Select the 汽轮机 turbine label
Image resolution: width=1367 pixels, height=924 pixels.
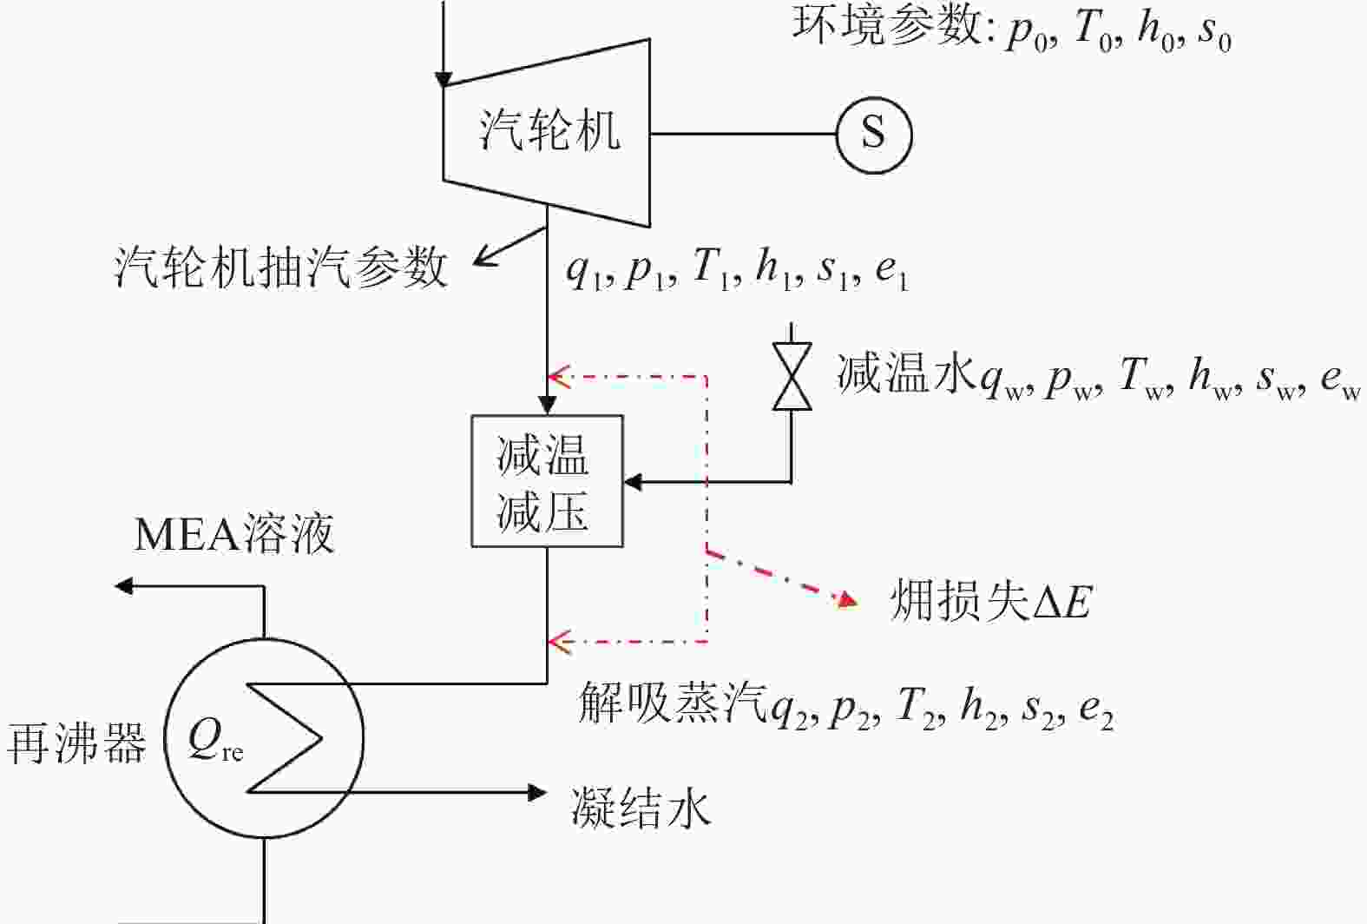[550, 130]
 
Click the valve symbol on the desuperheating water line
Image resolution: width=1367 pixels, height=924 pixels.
[792, 375]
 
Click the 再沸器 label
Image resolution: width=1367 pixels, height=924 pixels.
[76, 742]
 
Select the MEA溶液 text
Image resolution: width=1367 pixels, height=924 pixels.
[234, 534]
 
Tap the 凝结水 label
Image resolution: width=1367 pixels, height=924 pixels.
[641, 807]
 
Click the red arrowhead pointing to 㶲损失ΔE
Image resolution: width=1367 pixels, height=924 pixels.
[847, 600]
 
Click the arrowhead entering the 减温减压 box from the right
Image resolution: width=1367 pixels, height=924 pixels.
[633, 482]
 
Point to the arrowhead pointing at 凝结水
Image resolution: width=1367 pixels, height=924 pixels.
[537, 793]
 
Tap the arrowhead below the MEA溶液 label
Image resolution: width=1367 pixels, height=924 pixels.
[124, 586]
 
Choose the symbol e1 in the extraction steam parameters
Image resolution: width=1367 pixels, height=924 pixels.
[891, 273]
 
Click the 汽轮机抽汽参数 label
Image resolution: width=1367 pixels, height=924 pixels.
[281, 268]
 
